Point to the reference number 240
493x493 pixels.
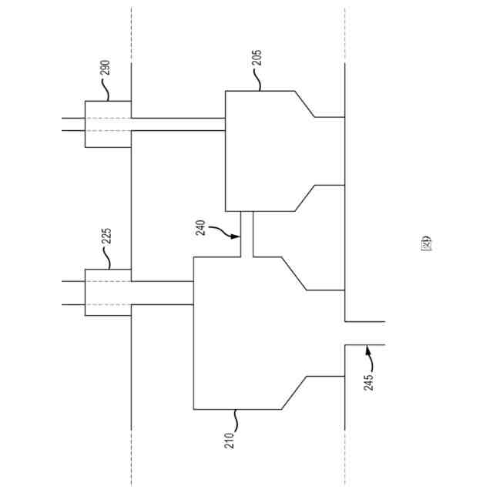click(202, 227)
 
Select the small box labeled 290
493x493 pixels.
click(107, 124)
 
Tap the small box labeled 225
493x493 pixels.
click(107, 293)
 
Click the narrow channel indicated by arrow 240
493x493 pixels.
click(246, 234)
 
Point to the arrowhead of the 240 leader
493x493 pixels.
click(239, 239)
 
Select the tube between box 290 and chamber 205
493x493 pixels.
click(177, 124)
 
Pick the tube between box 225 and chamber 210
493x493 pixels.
click(162, 293)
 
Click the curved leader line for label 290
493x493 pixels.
click(106, 90)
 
